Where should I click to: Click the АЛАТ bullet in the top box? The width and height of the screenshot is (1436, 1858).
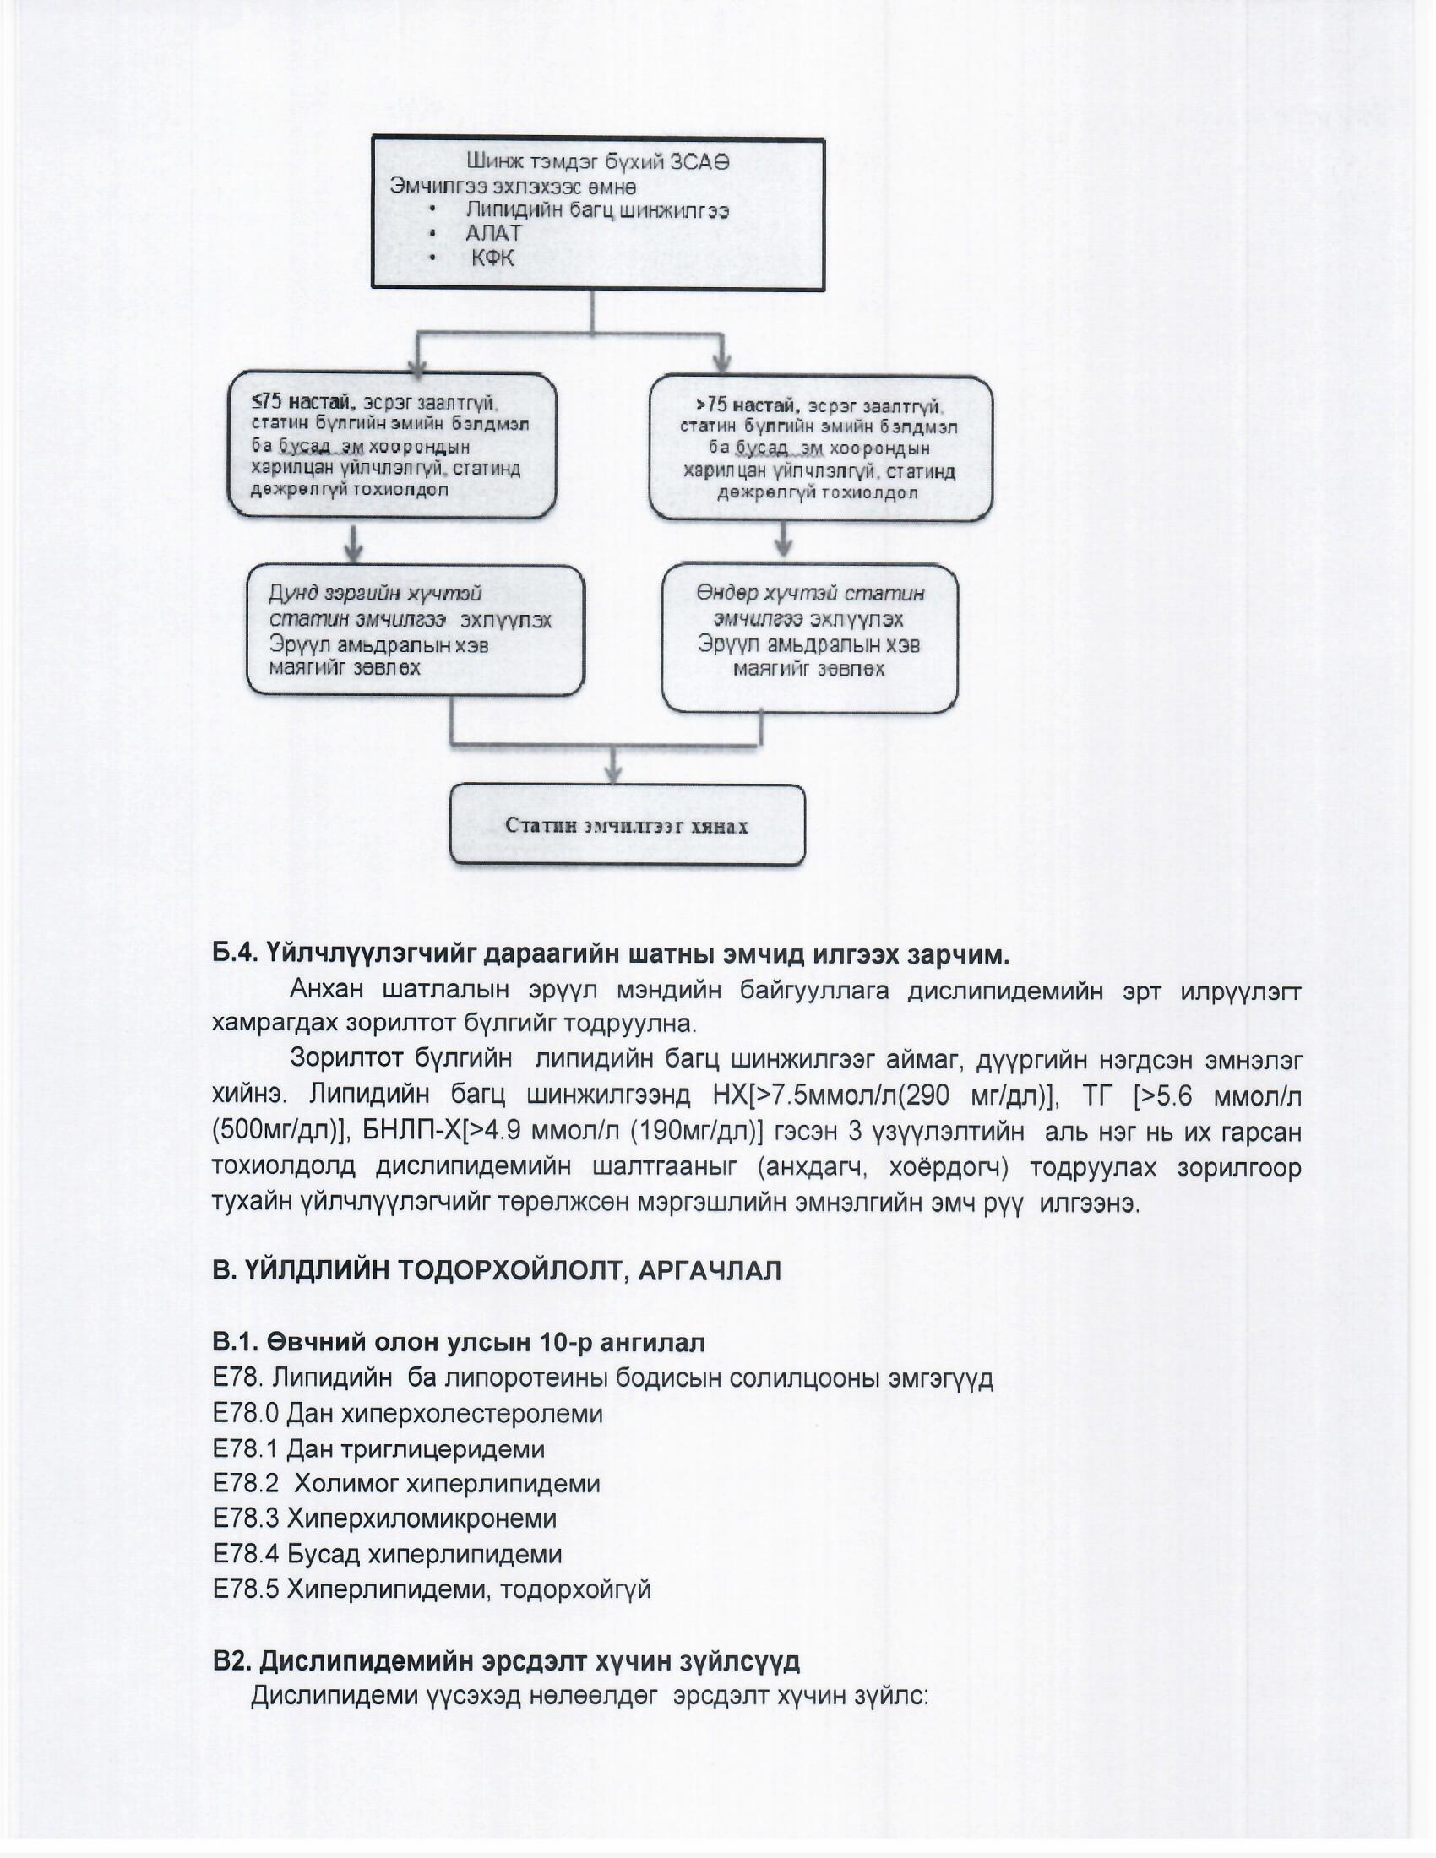point(493,233)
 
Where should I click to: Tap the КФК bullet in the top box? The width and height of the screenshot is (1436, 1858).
point(492,258)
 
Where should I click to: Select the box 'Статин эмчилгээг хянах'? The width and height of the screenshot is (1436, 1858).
point(627,826)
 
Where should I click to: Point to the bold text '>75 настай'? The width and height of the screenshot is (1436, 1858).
point(747,405)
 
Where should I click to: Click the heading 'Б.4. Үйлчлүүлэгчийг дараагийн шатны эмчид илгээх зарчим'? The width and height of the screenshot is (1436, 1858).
point(610,954)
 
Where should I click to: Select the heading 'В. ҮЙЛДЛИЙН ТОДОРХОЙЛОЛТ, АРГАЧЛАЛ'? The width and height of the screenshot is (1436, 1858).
point(496,1271)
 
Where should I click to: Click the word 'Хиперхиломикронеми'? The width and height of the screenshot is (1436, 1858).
point(422,1518)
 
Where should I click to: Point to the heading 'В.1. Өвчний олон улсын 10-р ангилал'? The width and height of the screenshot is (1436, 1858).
point(459,1343)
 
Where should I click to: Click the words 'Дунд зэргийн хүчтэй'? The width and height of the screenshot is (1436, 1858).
point(375,593)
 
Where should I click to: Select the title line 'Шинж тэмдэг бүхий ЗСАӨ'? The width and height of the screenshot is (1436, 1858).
point(597,161)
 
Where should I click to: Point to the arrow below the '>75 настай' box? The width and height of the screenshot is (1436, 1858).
point(784,541)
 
